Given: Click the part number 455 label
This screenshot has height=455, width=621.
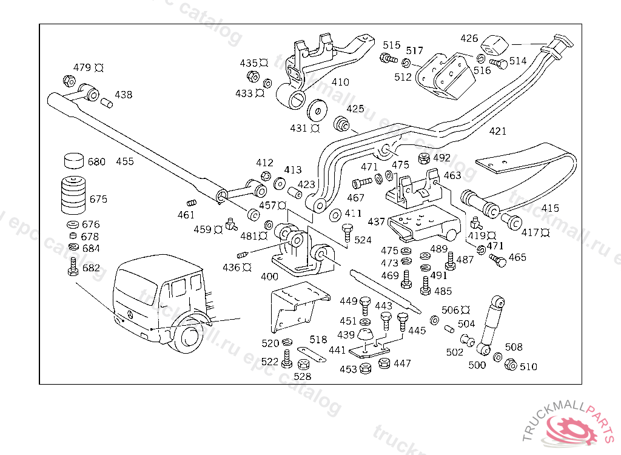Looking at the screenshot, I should pos(125,161).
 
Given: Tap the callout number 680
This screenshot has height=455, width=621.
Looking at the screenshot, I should pos(96,162).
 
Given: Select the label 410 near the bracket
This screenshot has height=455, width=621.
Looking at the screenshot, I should pos(340,82).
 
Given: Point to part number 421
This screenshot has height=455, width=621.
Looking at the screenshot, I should pos(497,131).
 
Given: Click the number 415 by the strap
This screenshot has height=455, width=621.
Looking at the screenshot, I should pos(550,208).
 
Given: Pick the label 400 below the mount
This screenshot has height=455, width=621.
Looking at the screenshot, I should pos(269,277).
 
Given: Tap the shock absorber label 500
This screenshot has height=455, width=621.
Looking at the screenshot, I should pos(477,365).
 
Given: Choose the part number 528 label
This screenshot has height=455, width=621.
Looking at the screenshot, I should pos(302,376).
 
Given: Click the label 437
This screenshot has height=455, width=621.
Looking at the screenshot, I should pos(376,222).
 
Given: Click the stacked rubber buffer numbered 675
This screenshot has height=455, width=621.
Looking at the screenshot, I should pos(73,194).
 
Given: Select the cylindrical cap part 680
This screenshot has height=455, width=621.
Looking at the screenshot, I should pos(73,161).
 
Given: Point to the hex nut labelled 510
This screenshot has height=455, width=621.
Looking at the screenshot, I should pos(511,365).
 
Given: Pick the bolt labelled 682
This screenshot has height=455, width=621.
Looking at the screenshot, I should pos(73,267).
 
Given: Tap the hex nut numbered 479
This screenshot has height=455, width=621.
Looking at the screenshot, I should pos(69,81).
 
